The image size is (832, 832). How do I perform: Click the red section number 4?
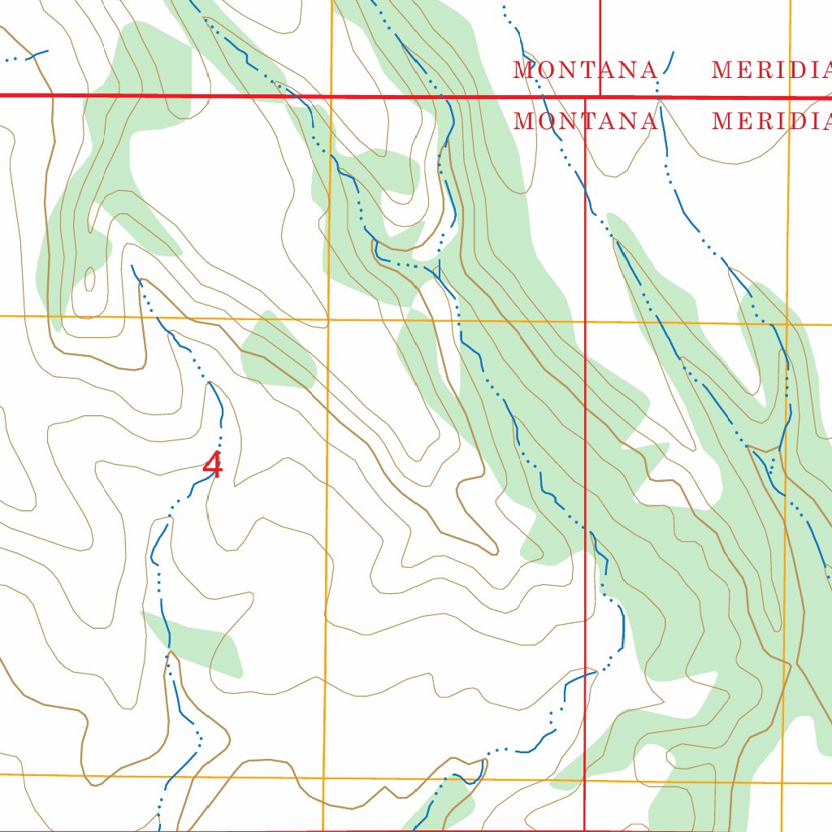coord(212,466)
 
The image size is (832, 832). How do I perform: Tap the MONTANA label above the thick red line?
coord(585,71)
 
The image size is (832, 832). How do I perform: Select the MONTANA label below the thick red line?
coord(586,122)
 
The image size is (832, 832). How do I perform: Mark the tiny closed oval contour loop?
coord(89,279)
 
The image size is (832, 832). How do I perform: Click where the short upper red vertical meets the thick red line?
coord(600,97)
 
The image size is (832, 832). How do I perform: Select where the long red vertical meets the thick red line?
coord(585,97)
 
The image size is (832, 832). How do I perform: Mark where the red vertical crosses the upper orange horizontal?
coord(585,322)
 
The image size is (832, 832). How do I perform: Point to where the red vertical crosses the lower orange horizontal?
coord(585,782)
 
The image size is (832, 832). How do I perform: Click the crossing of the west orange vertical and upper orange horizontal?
coord(329,319)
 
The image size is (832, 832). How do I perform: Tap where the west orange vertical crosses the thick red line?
coord(332,96)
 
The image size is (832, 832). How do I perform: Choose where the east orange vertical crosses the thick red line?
coord(790,97)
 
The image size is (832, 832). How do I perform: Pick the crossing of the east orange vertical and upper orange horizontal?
coord(787,324)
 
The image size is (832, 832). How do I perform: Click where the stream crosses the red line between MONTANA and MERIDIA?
coord(661,97)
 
